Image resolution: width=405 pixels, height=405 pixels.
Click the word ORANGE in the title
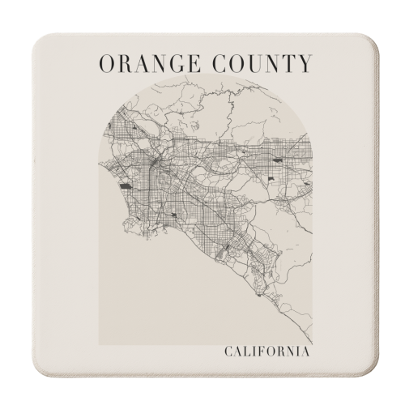[145, 62]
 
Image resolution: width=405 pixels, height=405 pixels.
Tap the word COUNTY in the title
[261, 62]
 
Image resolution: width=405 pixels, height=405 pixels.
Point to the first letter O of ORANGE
[104, 62]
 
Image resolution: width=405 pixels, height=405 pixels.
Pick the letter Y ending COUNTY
[303, 62]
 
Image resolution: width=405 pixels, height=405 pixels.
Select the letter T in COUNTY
[287, 62]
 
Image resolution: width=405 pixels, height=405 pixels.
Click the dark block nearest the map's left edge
[126, 185]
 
